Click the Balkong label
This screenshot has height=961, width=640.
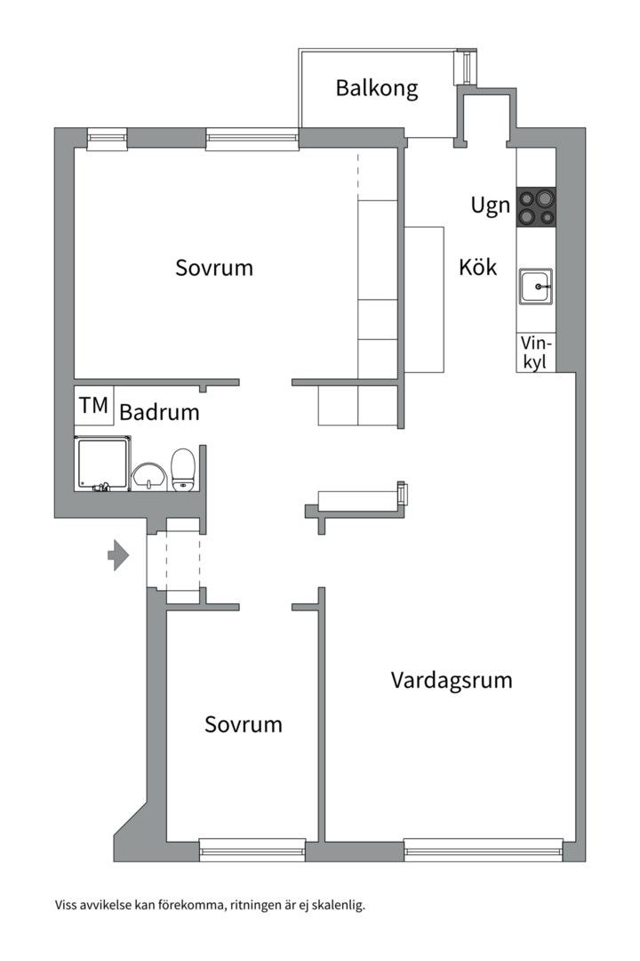click(376, 88)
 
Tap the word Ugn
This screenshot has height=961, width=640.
click(490, 206)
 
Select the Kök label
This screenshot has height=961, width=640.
click(477, 267)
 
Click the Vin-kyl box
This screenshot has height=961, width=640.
click(536, 352)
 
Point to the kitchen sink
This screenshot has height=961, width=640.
click(536, 287)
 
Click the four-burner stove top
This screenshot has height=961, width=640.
click(536, 206)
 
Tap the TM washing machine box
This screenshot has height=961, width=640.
click(93, 406)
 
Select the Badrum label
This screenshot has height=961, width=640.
click(159, 413)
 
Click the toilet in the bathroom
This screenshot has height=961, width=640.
click(183, 469)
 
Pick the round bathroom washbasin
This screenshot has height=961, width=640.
click(148, 476)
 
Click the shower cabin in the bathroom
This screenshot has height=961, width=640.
click(102, 463)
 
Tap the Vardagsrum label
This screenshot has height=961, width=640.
click(452, 681)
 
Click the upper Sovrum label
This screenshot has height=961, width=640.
click(213, 267)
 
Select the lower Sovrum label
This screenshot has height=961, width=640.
click(243, 724)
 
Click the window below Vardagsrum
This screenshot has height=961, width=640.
click(484, 849)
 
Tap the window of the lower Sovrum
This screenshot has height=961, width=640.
click(252, 849)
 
